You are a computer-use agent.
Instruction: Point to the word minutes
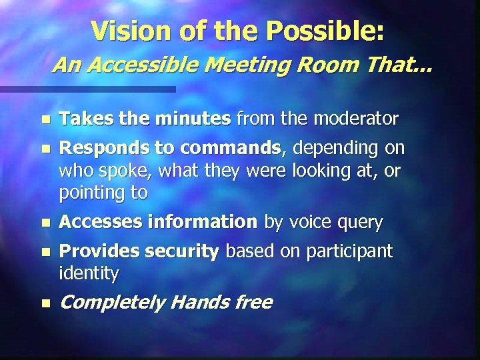pyautogui.click(x=193, y=119)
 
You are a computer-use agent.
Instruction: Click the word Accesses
pyautogui.click(x=96, y=223)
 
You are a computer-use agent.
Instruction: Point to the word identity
pyautogui.click(x=89, y=273)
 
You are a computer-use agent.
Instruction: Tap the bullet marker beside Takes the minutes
pyautogui.click(x=45, y=121)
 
